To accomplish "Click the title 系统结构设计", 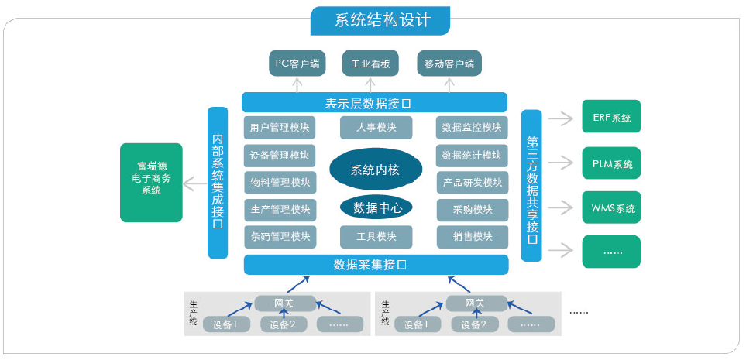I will [380, 20].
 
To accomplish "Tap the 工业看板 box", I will [370, 63].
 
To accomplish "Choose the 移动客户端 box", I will [449, 63].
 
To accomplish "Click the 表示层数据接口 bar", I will [374, 102].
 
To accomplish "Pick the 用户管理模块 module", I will [280, 128].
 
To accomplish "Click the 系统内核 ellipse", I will [376, 170].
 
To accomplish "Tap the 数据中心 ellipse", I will [376, 207].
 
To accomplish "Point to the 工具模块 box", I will [376, 236].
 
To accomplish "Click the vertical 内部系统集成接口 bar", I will [218, 183].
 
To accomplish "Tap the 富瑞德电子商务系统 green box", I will [156, 183].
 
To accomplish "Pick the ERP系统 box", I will [611, 118].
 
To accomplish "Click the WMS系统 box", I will [611, 207].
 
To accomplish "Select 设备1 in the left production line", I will [225, 324].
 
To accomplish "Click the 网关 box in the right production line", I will [474, 303].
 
